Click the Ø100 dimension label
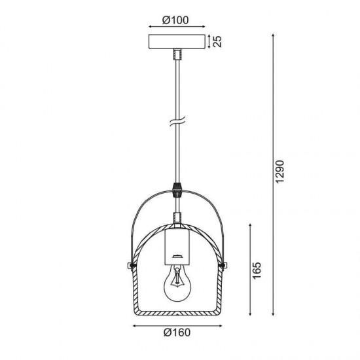tap(175, 20)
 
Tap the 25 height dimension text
tap(217, 41)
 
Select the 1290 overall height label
tap(280, 171)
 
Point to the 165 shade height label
tap(257, 270)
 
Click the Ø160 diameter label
tap(177, 333)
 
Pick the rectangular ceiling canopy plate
tap(177, 41)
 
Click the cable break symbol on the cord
tap(177, 121)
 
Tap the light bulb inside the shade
tap(177, 283)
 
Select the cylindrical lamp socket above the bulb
tap(177, 247)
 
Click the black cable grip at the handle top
tap(177, 190)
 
